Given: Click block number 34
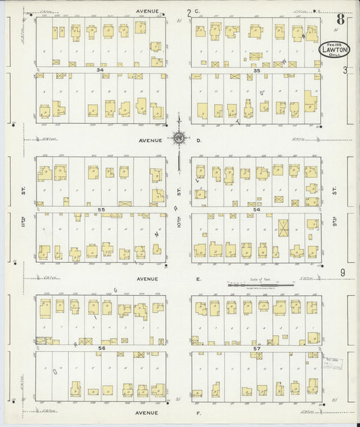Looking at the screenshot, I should (x=100, y=70).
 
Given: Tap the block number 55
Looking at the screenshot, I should (x=101, y=210).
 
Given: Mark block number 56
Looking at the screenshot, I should (x=101, y=348).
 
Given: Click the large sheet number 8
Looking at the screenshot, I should (x=340, y=19).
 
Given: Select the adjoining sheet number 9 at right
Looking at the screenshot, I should (x=343, y=272).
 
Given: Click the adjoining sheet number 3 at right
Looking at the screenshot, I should (x=344, y=70).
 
